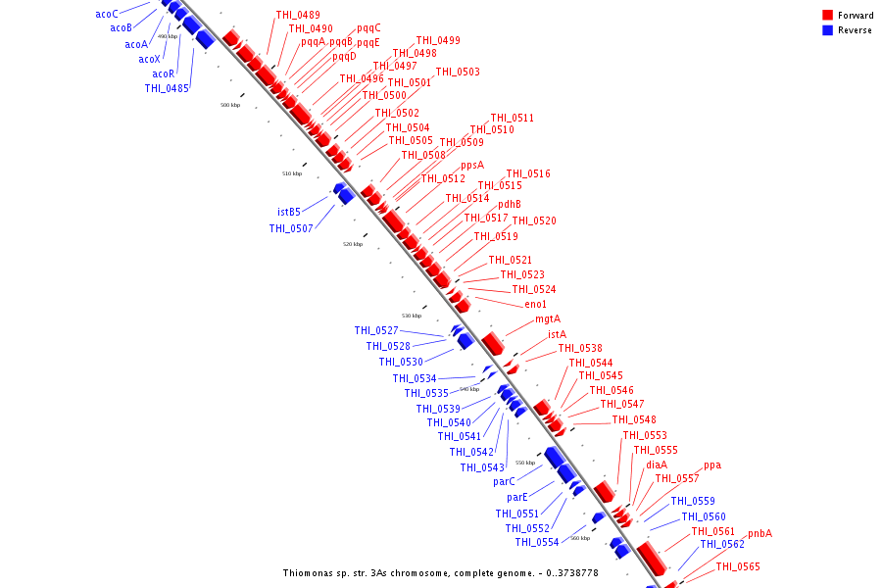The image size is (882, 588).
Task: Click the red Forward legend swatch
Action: point(828,16)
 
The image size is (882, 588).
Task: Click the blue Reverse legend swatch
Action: point(828,30)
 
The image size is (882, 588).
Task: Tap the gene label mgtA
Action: point(548,318)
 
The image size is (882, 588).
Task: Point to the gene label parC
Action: point(505,481)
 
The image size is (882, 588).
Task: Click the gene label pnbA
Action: point(759,534)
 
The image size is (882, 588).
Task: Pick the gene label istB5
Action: point(288,211)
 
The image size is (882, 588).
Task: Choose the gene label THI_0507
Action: point(291,228)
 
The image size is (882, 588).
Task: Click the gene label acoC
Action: point(107,14)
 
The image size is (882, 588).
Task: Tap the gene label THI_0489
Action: point(297,15)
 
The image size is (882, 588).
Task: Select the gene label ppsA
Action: point(472,165)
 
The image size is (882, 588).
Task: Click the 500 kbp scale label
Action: point(229,105)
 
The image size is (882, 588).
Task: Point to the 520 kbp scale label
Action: point(353,244)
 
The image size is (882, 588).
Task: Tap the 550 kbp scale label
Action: point(525,463)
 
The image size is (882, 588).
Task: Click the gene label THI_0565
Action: point(737,566)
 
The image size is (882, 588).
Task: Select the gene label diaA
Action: point(657,465)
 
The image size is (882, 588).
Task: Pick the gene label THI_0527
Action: point(376,330)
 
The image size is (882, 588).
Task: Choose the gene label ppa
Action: point(712,465)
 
